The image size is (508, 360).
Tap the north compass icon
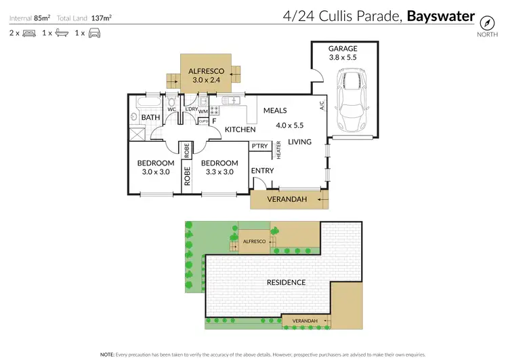pyautogui.click(x=486, y=20)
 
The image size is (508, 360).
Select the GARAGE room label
pyautogui.click(x=342, y=49)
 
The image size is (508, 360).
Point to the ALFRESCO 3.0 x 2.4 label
pyautogui.click(x=206, y=75)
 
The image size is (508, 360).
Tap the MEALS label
pyautogui.click(x=275, y=111)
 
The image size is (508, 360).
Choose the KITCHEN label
pyautogui.click(x=240, y=129)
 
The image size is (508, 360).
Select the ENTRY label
pyautogui.click(x=262, y=171)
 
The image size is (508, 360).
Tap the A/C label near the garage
pyautogui.click(x=322, y=107)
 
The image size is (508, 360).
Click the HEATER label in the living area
pyautogui.click(x=278, y=151)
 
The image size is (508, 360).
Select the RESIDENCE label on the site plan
pyautogui.click(x=285, y=282)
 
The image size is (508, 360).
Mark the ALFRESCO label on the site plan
pyautogui.click(x=254, y=241)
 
